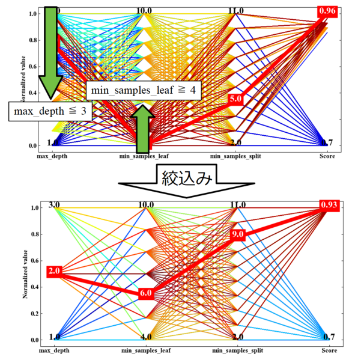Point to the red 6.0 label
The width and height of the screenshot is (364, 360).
(146, 293)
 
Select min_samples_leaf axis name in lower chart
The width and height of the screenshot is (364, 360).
(145, 349)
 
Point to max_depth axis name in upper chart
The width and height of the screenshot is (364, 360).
(53, 156)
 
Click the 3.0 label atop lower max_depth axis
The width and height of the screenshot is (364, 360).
(53, 206)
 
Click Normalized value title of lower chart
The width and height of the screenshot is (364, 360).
(25, 273)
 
